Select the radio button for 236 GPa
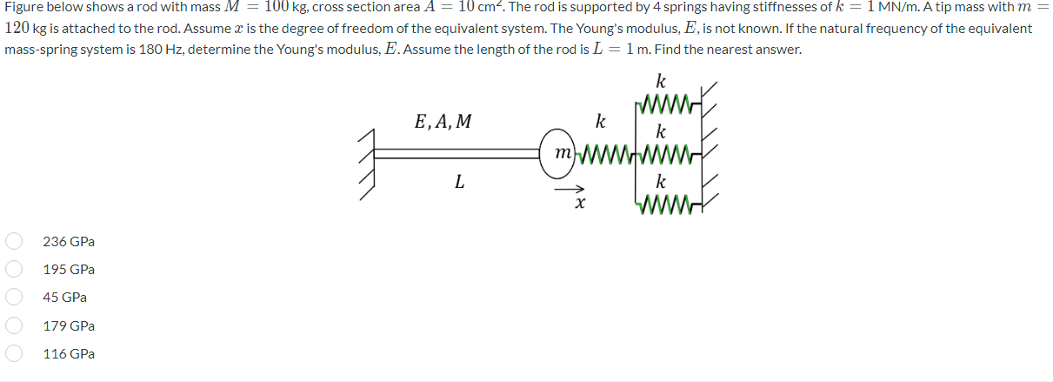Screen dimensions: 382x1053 tap(14, 241)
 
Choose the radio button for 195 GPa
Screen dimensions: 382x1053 tap(14, 270)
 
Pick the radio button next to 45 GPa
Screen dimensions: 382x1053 tap(14, 298)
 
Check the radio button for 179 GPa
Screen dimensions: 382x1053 tap(14, 325)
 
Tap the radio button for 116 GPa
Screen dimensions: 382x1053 tap(14, 353)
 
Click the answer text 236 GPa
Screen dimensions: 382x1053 tap(69, 241)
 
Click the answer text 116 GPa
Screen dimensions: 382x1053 tap(69, 354)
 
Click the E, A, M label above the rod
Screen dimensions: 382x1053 tap(443, 122)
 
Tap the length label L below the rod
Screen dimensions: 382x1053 tap(459, 183)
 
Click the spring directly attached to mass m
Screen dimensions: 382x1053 tap(609, 155)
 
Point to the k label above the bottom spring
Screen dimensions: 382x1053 tap(661, 183)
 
